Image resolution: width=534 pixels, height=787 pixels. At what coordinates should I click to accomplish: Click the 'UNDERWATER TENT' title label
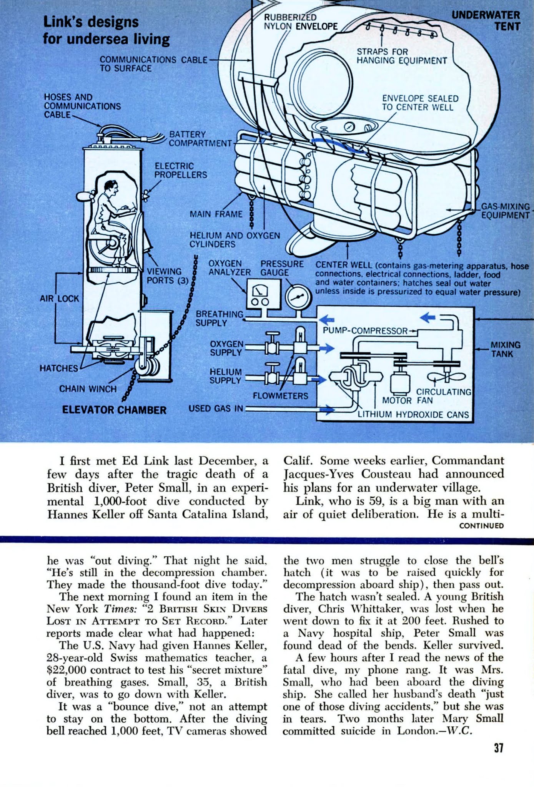tap(486, 21)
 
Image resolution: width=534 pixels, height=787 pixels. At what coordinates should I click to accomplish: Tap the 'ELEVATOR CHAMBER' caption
tap(114, 410)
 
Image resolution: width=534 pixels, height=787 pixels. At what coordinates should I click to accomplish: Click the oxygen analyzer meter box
tap(261, 293)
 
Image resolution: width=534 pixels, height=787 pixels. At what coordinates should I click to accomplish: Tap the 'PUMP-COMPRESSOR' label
tap(365, 330)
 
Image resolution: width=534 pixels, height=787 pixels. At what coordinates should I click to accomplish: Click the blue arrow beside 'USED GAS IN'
tap(326, 410)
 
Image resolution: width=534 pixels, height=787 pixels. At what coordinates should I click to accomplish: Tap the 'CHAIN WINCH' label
tap(88, 389)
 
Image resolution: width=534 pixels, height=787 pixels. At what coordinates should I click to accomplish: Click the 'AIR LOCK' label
tap(59, 298)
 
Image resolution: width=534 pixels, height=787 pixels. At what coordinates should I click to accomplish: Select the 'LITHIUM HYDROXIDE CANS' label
tap(413, 415)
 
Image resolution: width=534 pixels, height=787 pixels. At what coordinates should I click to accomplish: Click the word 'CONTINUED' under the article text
tap(481, 526)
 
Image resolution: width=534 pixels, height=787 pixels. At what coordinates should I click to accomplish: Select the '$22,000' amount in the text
tap(65, 670)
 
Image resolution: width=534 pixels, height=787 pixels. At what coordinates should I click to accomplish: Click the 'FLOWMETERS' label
tap(280, 396)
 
